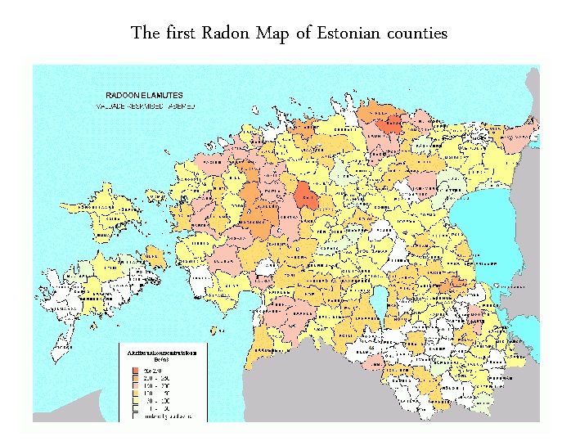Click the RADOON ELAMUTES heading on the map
tap(140, 95)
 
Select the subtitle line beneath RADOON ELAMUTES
tap(142, 106)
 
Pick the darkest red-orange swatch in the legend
tap(136, 371)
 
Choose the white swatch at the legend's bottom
tap(136, 416)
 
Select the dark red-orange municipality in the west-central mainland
tap(308, 197)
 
